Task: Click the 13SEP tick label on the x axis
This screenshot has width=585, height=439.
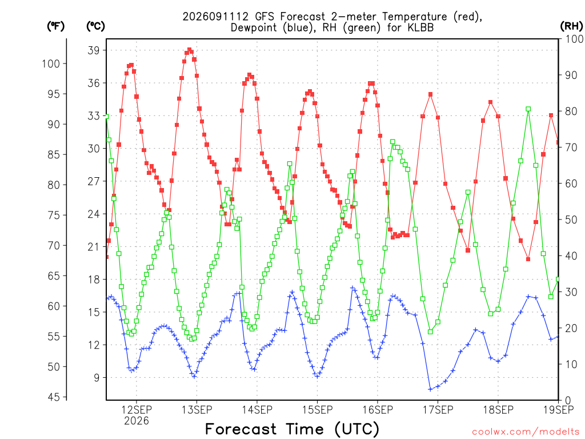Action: pos(197,410)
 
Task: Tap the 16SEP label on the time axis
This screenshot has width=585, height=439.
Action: pos(378,410)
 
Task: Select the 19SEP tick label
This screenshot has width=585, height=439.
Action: pos(559,410)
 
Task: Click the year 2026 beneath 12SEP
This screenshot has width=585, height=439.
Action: pos(136,421)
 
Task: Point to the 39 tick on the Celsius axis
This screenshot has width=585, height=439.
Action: pos(94,50)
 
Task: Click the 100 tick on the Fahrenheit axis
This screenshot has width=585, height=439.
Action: pos(51,63)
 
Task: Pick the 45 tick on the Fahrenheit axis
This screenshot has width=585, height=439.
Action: pos(54,397)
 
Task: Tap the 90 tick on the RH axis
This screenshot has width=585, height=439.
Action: pos(571,75)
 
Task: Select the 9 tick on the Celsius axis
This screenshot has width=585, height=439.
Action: pos(97,377)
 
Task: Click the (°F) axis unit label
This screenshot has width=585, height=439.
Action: pos(55,26)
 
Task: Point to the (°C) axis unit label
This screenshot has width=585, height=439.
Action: pos(95,26)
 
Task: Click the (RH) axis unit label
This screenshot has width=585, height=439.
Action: pos(571,26)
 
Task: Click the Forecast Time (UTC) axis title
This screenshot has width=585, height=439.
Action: pos(292,429)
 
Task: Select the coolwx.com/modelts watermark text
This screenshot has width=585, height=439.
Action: pos(526,432)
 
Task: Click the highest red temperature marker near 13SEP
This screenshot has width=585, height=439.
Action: pos(189,50)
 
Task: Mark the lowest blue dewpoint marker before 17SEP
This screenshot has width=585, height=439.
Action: pos(430,389)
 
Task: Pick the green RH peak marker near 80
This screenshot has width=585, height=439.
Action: pos(528,109)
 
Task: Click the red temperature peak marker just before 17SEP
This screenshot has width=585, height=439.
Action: pos(430,94)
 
